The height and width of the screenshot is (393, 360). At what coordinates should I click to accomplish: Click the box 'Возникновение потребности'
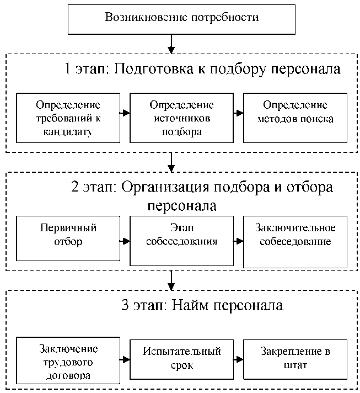point(181,19)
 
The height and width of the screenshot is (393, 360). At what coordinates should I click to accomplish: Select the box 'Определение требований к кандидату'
point(68,118)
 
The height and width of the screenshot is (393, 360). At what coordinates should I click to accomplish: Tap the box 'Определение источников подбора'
point(181,118)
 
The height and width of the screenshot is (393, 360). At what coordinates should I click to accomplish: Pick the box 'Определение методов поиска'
point(295,118)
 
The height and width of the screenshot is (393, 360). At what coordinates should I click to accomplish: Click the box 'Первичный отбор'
point(68,238)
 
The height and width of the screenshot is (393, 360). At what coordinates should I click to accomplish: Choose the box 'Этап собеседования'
point(181,241)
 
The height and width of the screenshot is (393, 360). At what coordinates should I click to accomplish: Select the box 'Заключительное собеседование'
point(295,242)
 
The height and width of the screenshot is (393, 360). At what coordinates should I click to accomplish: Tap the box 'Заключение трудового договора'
point(68,360)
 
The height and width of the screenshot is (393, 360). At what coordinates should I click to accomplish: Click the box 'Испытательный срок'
point(181,359)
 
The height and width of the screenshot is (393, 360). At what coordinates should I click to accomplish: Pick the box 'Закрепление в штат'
point(295,359)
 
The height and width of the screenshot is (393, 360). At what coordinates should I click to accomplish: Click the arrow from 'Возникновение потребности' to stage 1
point(171,44)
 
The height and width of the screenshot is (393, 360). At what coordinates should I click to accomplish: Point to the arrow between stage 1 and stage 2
point(171,162)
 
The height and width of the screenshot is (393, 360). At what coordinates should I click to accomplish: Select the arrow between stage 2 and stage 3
point(171,280)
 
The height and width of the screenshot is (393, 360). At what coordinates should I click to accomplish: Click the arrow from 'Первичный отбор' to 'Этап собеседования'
point(125,241)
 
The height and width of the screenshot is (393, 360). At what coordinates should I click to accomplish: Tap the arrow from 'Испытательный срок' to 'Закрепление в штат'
point(238,360)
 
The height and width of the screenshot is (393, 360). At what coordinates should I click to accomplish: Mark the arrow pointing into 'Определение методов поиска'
point(238,113)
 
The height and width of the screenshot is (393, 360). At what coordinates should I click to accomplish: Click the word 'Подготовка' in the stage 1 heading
point(154,69)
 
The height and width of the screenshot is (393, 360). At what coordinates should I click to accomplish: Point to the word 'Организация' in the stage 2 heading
point(165,188)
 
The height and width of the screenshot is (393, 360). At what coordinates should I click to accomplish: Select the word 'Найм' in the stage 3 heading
point(190,305)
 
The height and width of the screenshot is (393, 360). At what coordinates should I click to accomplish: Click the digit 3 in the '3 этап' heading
point(125,305)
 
